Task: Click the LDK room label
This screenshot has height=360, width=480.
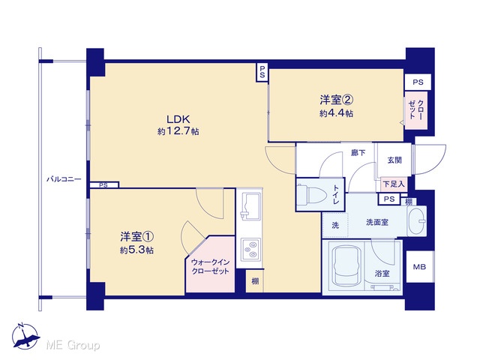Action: [178, 118]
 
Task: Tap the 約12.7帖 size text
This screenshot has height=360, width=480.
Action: [178, 132]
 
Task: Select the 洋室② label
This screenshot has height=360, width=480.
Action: [337, 100]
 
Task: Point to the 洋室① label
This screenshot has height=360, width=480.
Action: [136, 237]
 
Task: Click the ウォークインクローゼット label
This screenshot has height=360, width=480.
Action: [210, 267]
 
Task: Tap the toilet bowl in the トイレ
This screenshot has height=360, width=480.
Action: [313, 195]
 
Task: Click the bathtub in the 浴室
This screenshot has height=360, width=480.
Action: [346, 267]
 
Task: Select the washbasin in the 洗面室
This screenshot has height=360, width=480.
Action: [417, 221]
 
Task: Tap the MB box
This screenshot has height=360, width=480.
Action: [420, 267]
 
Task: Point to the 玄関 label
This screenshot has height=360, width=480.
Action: [394, 160]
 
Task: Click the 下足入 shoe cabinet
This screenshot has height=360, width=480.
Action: [394, 184]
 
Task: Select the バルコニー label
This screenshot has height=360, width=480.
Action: [64, 179]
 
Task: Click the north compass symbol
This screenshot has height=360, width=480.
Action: [25, 337]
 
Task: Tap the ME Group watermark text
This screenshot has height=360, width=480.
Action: [73, 345]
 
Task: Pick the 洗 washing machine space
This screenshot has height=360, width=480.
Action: [335, 225]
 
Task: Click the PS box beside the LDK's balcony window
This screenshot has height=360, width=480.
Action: [104, 185]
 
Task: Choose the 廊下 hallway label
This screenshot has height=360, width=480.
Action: [358, 152]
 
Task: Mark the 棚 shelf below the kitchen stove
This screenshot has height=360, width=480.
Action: [255, 281]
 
